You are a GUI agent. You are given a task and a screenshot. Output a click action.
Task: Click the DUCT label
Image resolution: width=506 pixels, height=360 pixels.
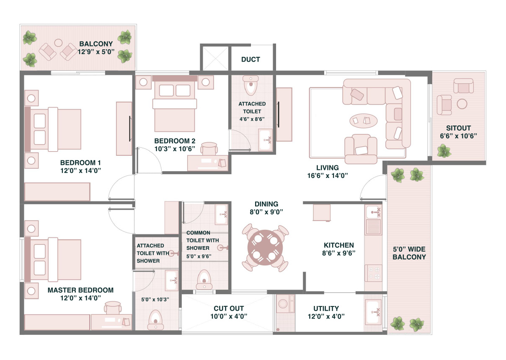point(250,59)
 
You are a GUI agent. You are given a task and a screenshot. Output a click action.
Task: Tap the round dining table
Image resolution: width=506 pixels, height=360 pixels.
point(265,247)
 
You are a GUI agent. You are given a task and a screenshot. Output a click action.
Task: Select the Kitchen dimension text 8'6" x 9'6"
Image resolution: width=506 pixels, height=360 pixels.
point(338,253)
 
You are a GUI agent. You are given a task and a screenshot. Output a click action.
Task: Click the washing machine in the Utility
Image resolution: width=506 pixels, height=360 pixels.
point(285,304)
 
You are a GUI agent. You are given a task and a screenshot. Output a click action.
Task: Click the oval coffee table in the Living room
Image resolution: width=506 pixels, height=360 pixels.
point(363,121)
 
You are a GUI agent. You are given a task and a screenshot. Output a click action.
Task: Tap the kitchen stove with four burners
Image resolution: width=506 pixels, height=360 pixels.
point(373,273)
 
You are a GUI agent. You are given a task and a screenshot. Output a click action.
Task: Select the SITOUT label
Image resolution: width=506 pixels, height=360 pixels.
point(458,128)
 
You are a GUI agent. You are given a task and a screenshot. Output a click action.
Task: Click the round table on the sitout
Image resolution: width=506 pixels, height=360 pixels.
point(462,104)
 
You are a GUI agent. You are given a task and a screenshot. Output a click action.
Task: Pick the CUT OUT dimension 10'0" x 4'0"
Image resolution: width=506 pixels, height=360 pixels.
point(229,316)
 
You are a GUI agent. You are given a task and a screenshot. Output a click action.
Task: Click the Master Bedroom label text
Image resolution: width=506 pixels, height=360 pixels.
point(80,290)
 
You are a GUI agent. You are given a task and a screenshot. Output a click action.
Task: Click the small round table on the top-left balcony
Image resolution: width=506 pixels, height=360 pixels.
point(58,43)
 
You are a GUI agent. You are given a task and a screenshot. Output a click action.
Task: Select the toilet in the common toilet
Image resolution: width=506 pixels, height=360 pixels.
point(204,280)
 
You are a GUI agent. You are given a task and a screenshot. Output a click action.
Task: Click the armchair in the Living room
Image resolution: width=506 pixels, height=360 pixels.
point(361,149)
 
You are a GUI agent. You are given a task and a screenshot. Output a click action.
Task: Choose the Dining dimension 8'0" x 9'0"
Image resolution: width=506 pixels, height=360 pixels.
point(266,212)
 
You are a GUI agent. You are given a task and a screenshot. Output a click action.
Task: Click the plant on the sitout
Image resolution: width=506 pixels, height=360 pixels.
point(444,151)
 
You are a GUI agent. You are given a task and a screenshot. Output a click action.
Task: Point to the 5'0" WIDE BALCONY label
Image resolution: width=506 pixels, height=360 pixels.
point(409,253)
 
